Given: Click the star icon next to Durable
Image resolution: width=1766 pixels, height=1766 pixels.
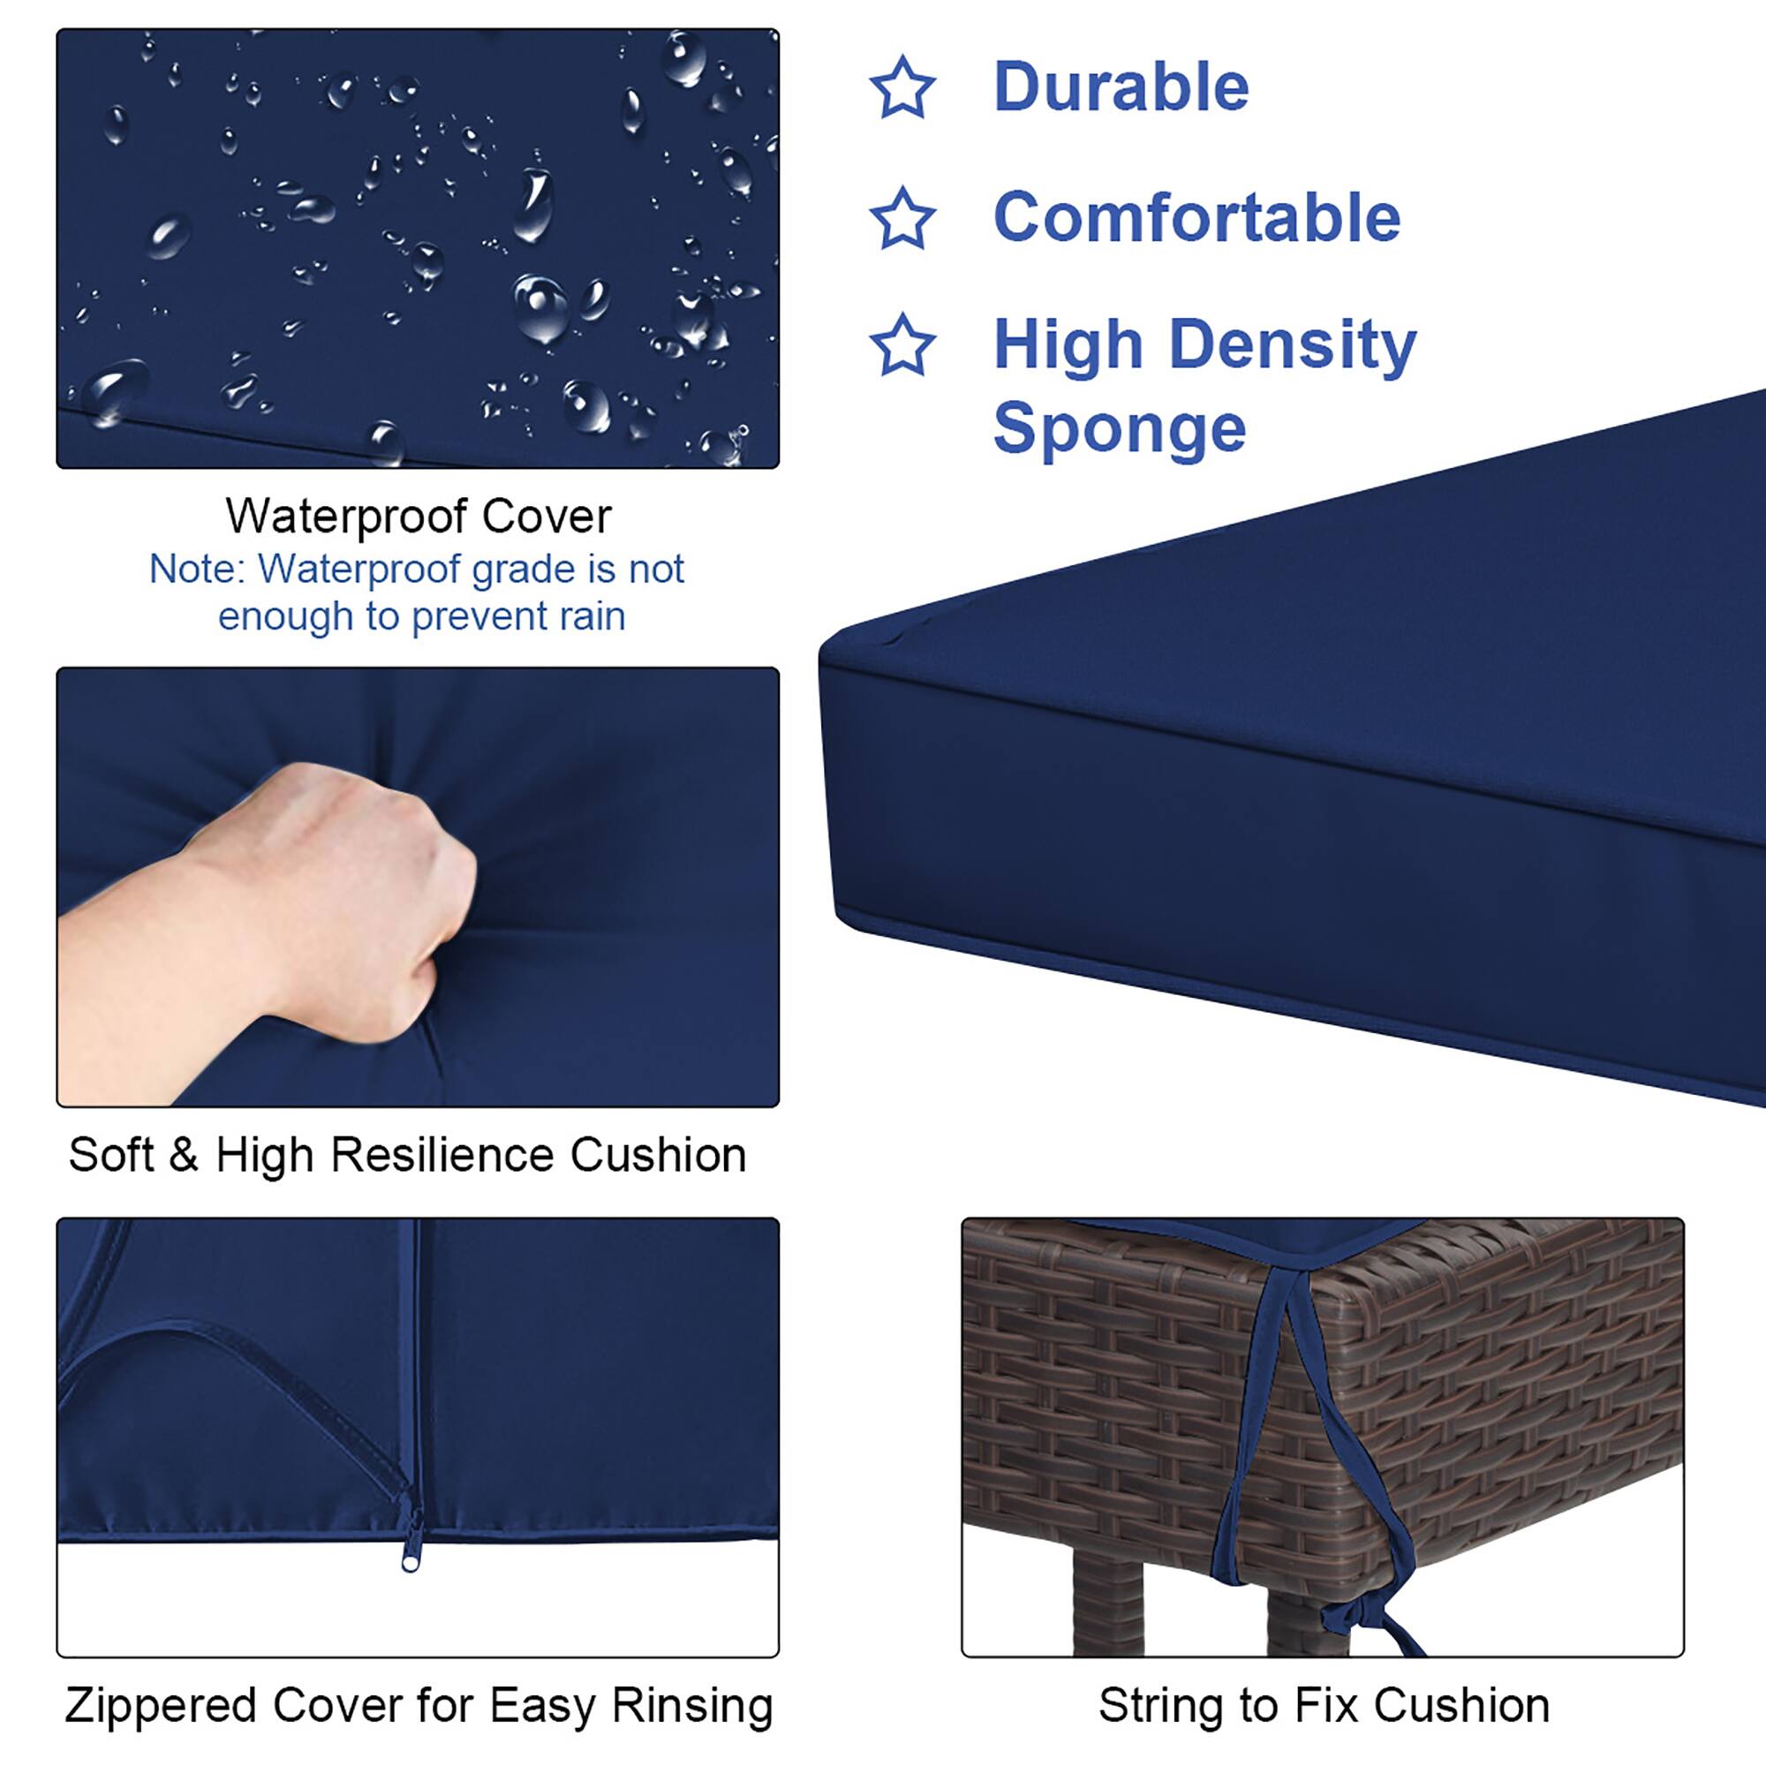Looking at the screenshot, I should pyautogui.click(x=902, y=87).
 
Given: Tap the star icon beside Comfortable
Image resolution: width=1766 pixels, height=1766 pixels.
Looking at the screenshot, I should pyautogui.click(x=902, y=218).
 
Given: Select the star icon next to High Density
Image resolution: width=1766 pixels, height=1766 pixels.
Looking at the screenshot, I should pyautogui.click(x=902, y=345).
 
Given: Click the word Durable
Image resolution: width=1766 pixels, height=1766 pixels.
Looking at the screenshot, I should pyautogui.click(x=1121, y=87).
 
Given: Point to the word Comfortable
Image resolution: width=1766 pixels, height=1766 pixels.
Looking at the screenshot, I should pyautogui.click(x=1196, y=218).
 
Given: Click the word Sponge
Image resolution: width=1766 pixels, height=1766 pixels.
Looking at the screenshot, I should pyautogui.click(x=1119, y=429).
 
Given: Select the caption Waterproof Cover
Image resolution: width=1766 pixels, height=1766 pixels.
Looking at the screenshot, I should pyautogui.click(x=418, y=517).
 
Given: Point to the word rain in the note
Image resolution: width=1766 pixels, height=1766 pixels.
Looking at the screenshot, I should pyautogui.click(x=592, y=616).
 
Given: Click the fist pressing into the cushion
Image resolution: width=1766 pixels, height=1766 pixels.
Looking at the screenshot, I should pyautogui.click(x=366, y=895).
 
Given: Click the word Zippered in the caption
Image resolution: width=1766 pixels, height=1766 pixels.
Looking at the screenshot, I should pyautogui.click(x=161, y=1706).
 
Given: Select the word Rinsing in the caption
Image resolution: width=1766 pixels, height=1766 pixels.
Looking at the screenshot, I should pyautogui.click(x=692, y=1706).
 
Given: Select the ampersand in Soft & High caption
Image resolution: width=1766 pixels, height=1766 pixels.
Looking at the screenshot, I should pyautogui.click(x=183, y=1155).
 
